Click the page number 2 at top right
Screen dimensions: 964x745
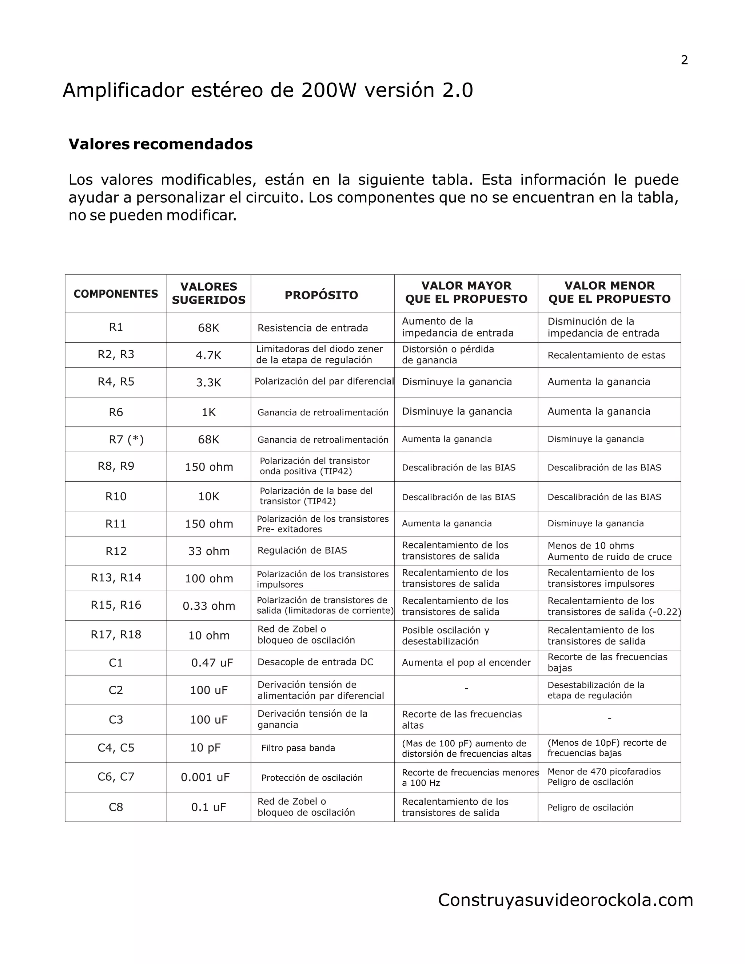click(x=684, y=60)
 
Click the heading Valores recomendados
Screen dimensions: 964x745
click(x=161, y=144)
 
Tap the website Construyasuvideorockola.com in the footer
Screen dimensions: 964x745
click(x=565, y=900)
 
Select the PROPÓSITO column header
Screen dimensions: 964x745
click(x=321, y=295)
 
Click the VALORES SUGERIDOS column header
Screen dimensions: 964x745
click(x=209, y=293)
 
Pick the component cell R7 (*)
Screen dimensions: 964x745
click(x=126, y=440)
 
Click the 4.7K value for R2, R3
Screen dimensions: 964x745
click(x=209, y=355)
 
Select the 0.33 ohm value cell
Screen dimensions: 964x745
click(x=209, y=606)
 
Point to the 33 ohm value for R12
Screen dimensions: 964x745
click(x=209, y=551)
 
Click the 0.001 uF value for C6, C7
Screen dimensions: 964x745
click(x=205, y=777)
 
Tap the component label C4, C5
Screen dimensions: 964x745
click(x=116, y=748)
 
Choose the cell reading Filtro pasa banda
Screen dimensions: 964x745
click(x=298, y=748)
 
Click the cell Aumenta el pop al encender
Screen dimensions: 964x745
click(x=466, y=662)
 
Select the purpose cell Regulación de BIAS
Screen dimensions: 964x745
click(x=302, y=550)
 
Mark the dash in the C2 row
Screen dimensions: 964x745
click(x=466, y=689)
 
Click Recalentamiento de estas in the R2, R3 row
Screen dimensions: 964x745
click(x=606, y=355)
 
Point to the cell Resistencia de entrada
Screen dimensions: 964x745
click(x=312, y=328)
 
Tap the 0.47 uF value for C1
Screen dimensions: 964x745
click(x=212, y=662)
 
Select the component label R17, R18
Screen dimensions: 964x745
click(x=116, y=634)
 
